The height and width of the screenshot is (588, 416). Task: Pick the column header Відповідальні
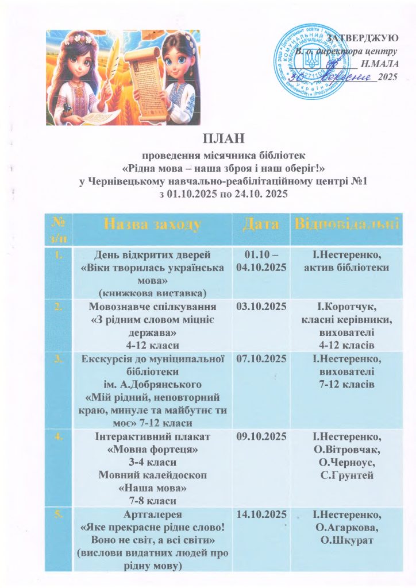tap(346, 224)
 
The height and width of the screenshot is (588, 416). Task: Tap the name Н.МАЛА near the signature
tap(380, 64)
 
